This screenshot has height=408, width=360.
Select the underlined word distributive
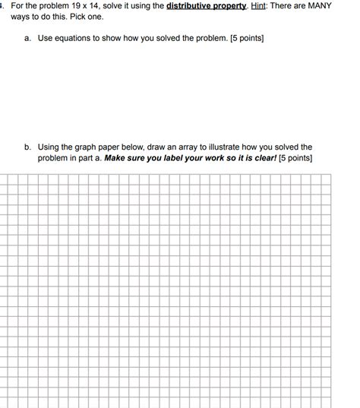(190, 5)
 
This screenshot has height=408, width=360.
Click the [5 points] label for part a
(243, 36)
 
